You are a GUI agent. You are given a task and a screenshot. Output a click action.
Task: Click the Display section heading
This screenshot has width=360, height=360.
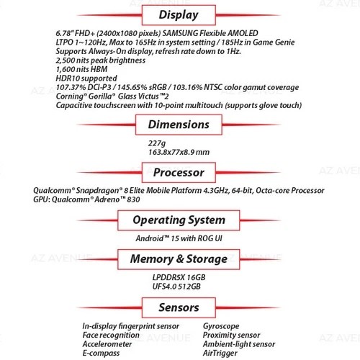[x=179, y=15]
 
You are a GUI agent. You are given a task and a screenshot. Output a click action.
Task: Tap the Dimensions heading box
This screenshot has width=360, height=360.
[x=179, y=125]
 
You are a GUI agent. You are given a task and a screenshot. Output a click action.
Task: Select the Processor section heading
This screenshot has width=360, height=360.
[x=179, y=172]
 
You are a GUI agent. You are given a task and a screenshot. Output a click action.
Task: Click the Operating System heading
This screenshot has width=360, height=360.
[x=179, y=220]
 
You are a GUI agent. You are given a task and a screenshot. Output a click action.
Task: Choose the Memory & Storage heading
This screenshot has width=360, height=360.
[x=179, y=259]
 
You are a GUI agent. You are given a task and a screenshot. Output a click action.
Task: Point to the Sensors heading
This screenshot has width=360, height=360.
[x=179, y=307]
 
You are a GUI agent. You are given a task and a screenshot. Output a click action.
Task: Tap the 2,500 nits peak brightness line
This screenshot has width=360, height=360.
[x=101, y=60]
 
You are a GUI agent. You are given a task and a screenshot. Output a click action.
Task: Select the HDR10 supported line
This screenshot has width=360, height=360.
[x=86, y=78]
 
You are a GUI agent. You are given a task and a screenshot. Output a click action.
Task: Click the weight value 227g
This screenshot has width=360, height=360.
[x=157, y=143]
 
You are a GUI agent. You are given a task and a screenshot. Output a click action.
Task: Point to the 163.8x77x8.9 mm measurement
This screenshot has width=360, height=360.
[x=179, y=152]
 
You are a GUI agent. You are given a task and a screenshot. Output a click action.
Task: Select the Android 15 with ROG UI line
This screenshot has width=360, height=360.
[x=179, y=238]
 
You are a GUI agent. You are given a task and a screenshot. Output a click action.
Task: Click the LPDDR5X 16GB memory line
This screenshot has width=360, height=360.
[x=179, y=278]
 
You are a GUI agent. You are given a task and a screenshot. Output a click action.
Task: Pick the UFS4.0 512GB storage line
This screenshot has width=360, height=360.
[x=176, y=287]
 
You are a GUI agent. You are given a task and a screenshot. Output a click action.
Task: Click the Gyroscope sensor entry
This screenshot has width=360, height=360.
[x=221, y=326]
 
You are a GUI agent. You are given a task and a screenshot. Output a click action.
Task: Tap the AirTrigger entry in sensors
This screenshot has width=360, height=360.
[x=220, y=354]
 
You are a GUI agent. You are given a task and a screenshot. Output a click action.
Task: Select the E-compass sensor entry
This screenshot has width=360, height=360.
[x=101, y=354]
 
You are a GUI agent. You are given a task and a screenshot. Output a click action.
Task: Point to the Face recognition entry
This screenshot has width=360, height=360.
[x=111, y=336]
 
